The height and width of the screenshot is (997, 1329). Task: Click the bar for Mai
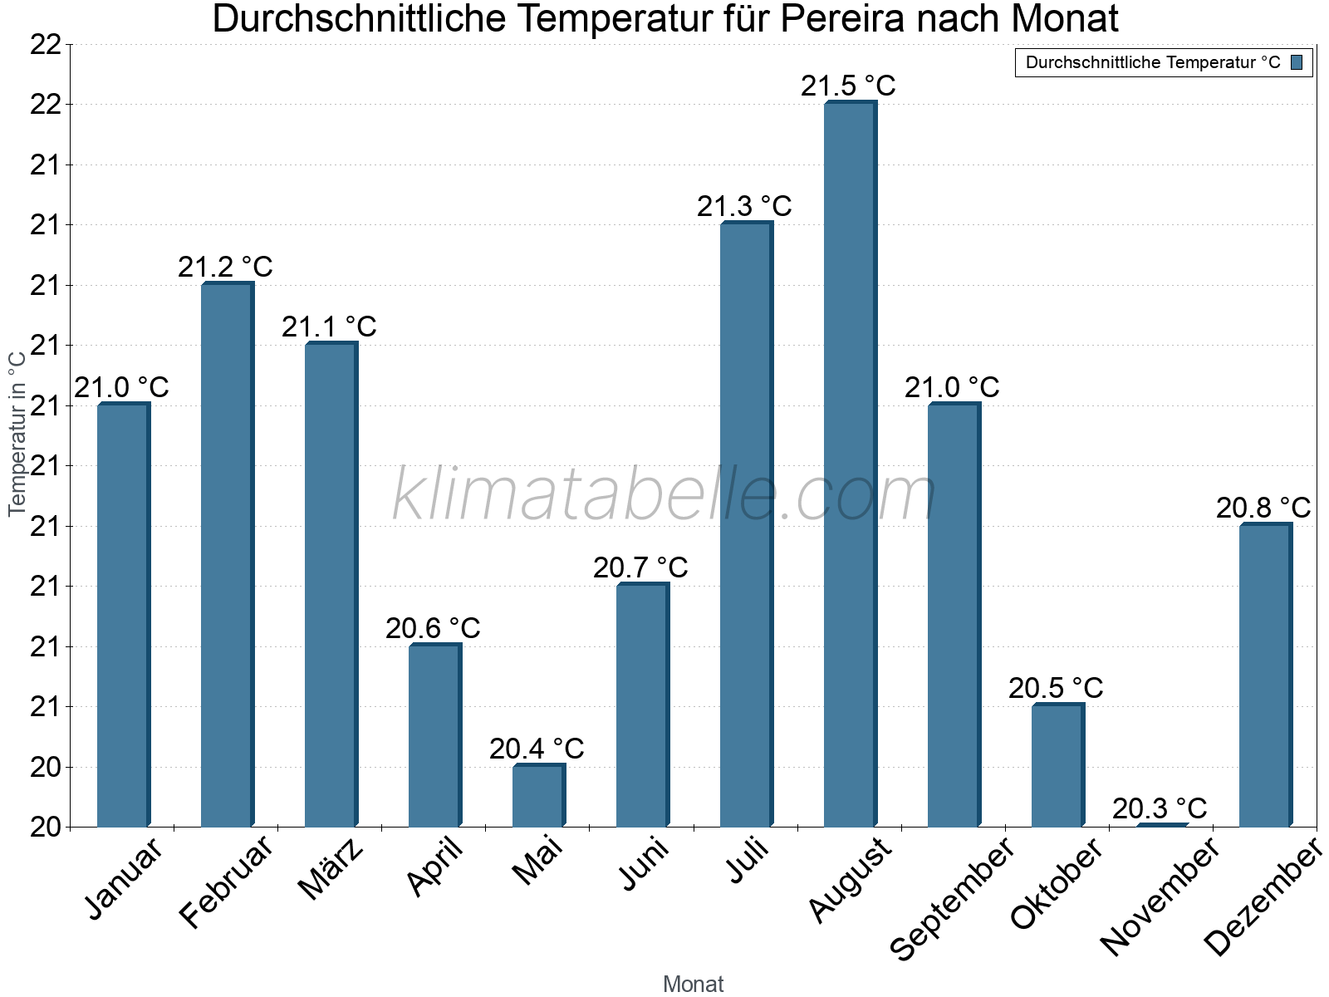(538, 795)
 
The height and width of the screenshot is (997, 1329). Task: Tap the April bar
(434, 735)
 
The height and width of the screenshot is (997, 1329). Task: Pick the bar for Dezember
(1265, 675)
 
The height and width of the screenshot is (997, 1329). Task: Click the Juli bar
(746, 524)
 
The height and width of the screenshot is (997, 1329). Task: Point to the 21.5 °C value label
(848, 86)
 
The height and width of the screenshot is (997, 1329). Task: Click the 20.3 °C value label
(1160, 808)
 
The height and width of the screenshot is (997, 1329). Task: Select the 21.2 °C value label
(225, 267)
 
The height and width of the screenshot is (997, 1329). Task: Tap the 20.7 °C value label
(640, 567)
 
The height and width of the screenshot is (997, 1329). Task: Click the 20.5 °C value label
(1056, 688)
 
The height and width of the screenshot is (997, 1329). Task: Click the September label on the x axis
(952, 897)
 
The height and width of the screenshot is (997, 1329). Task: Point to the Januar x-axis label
(125, 879)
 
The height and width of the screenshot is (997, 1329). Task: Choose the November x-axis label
(1160, 896)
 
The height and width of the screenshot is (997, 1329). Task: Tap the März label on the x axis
(331, 869)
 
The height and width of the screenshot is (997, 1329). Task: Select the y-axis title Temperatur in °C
(17, 433)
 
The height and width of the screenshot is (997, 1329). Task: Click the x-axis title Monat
(693, 984)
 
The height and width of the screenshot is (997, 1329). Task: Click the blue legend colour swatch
(1297, 62)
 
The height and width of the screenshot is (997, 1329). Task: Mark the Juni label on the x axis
(644, 864)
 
